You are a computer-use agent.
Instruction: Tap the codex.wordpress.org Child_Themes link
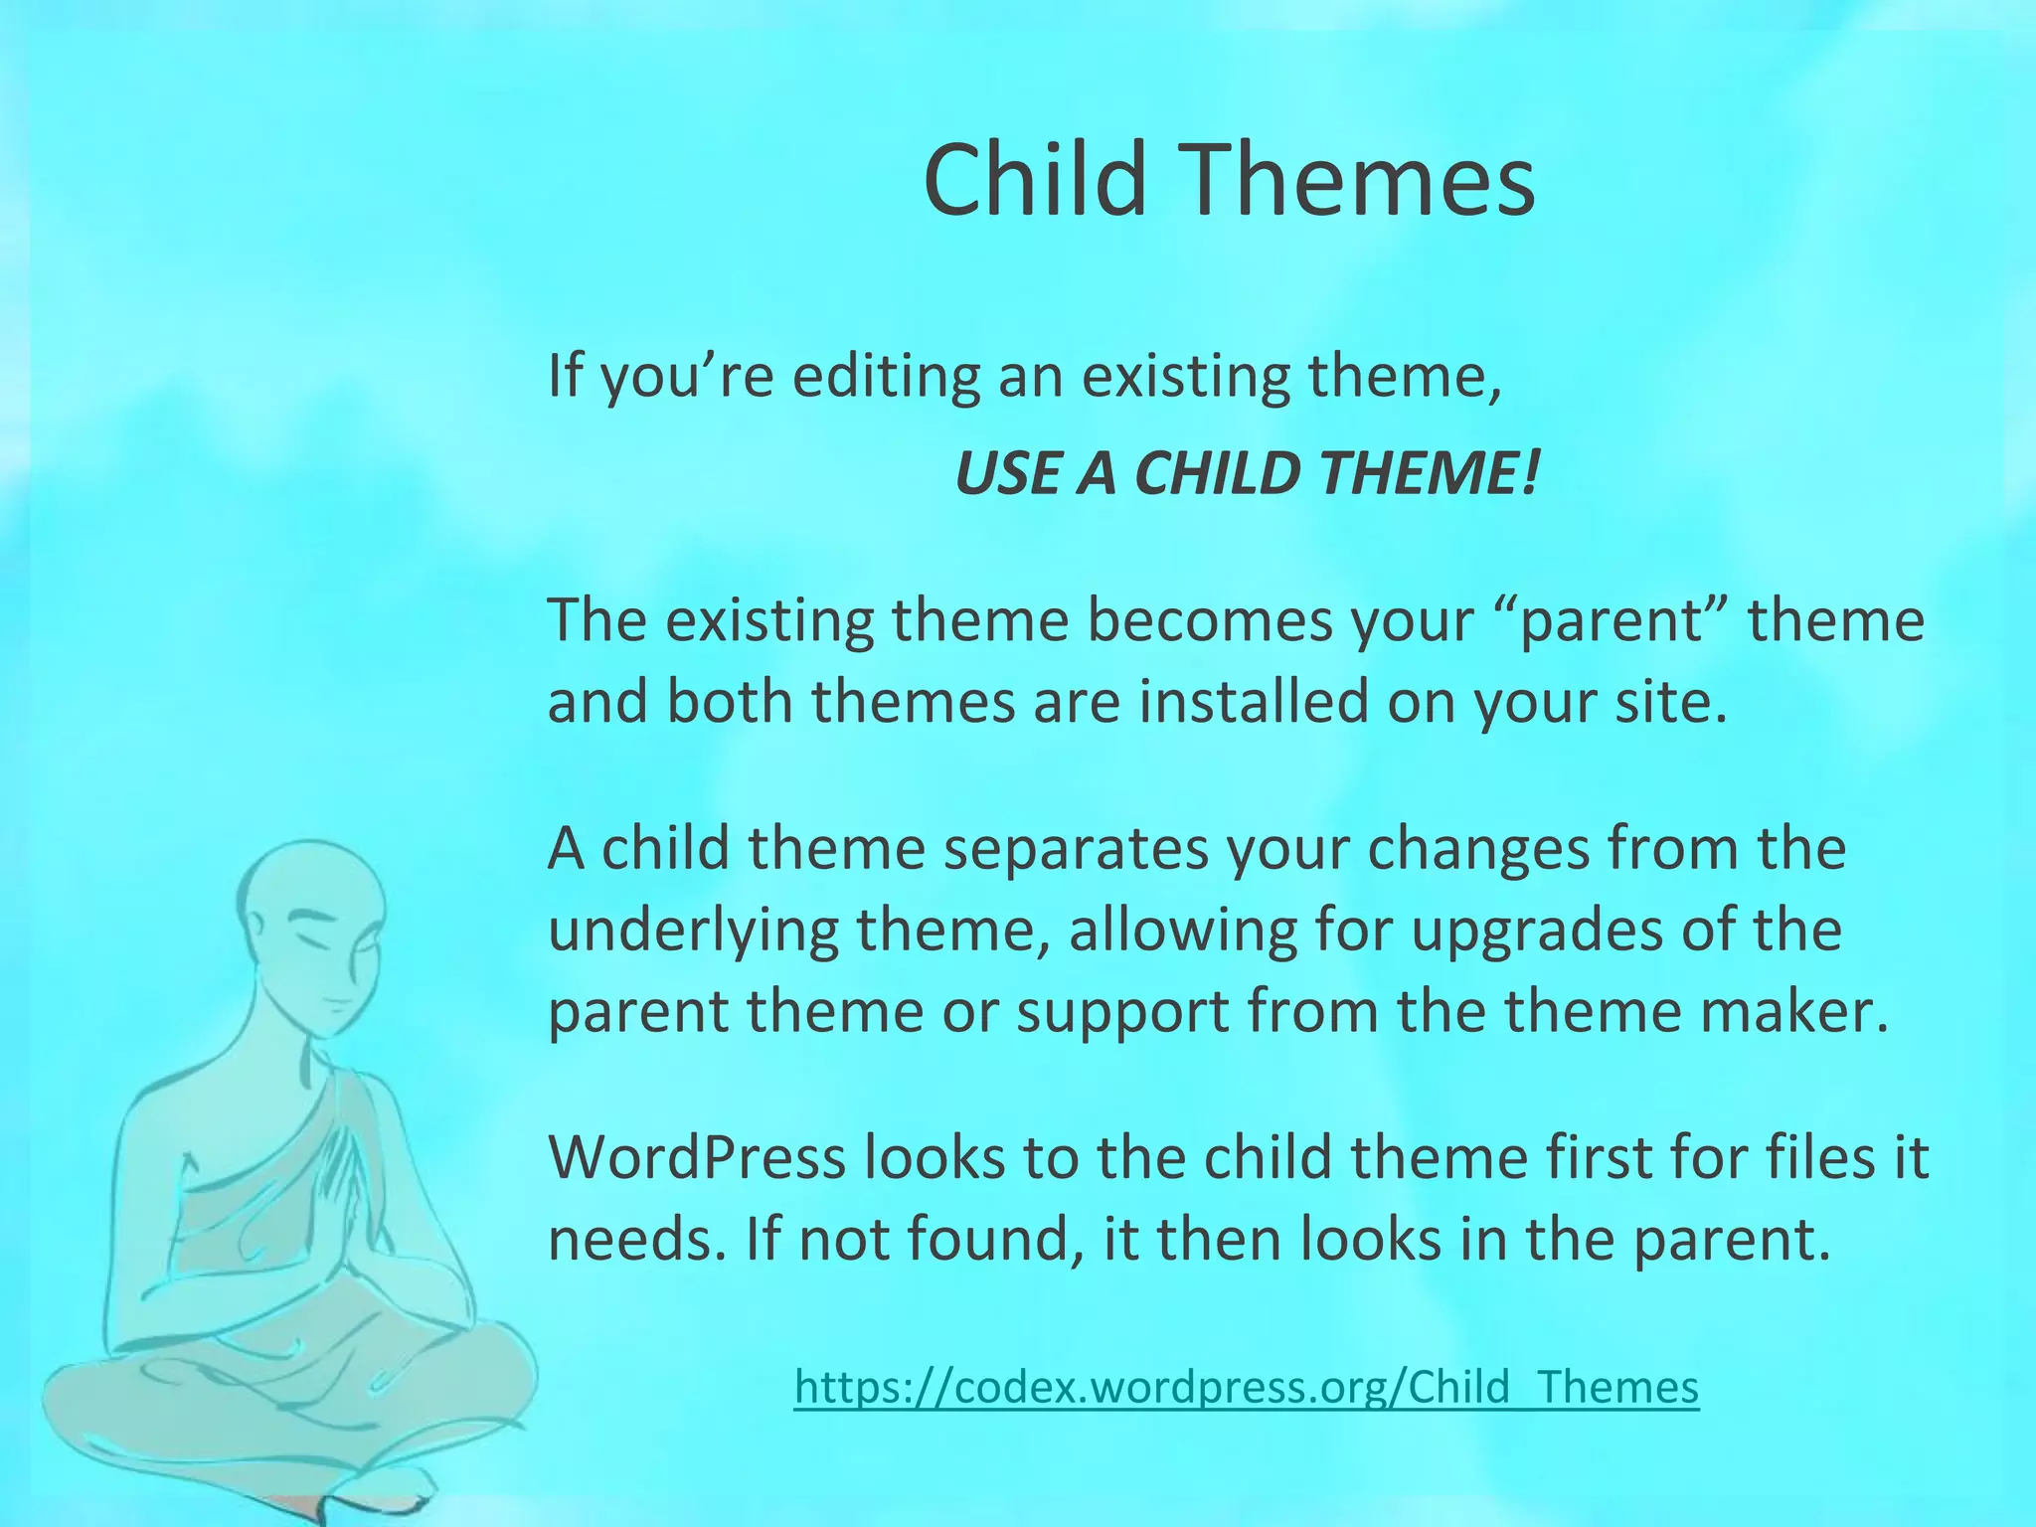pos(1247,1387)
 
